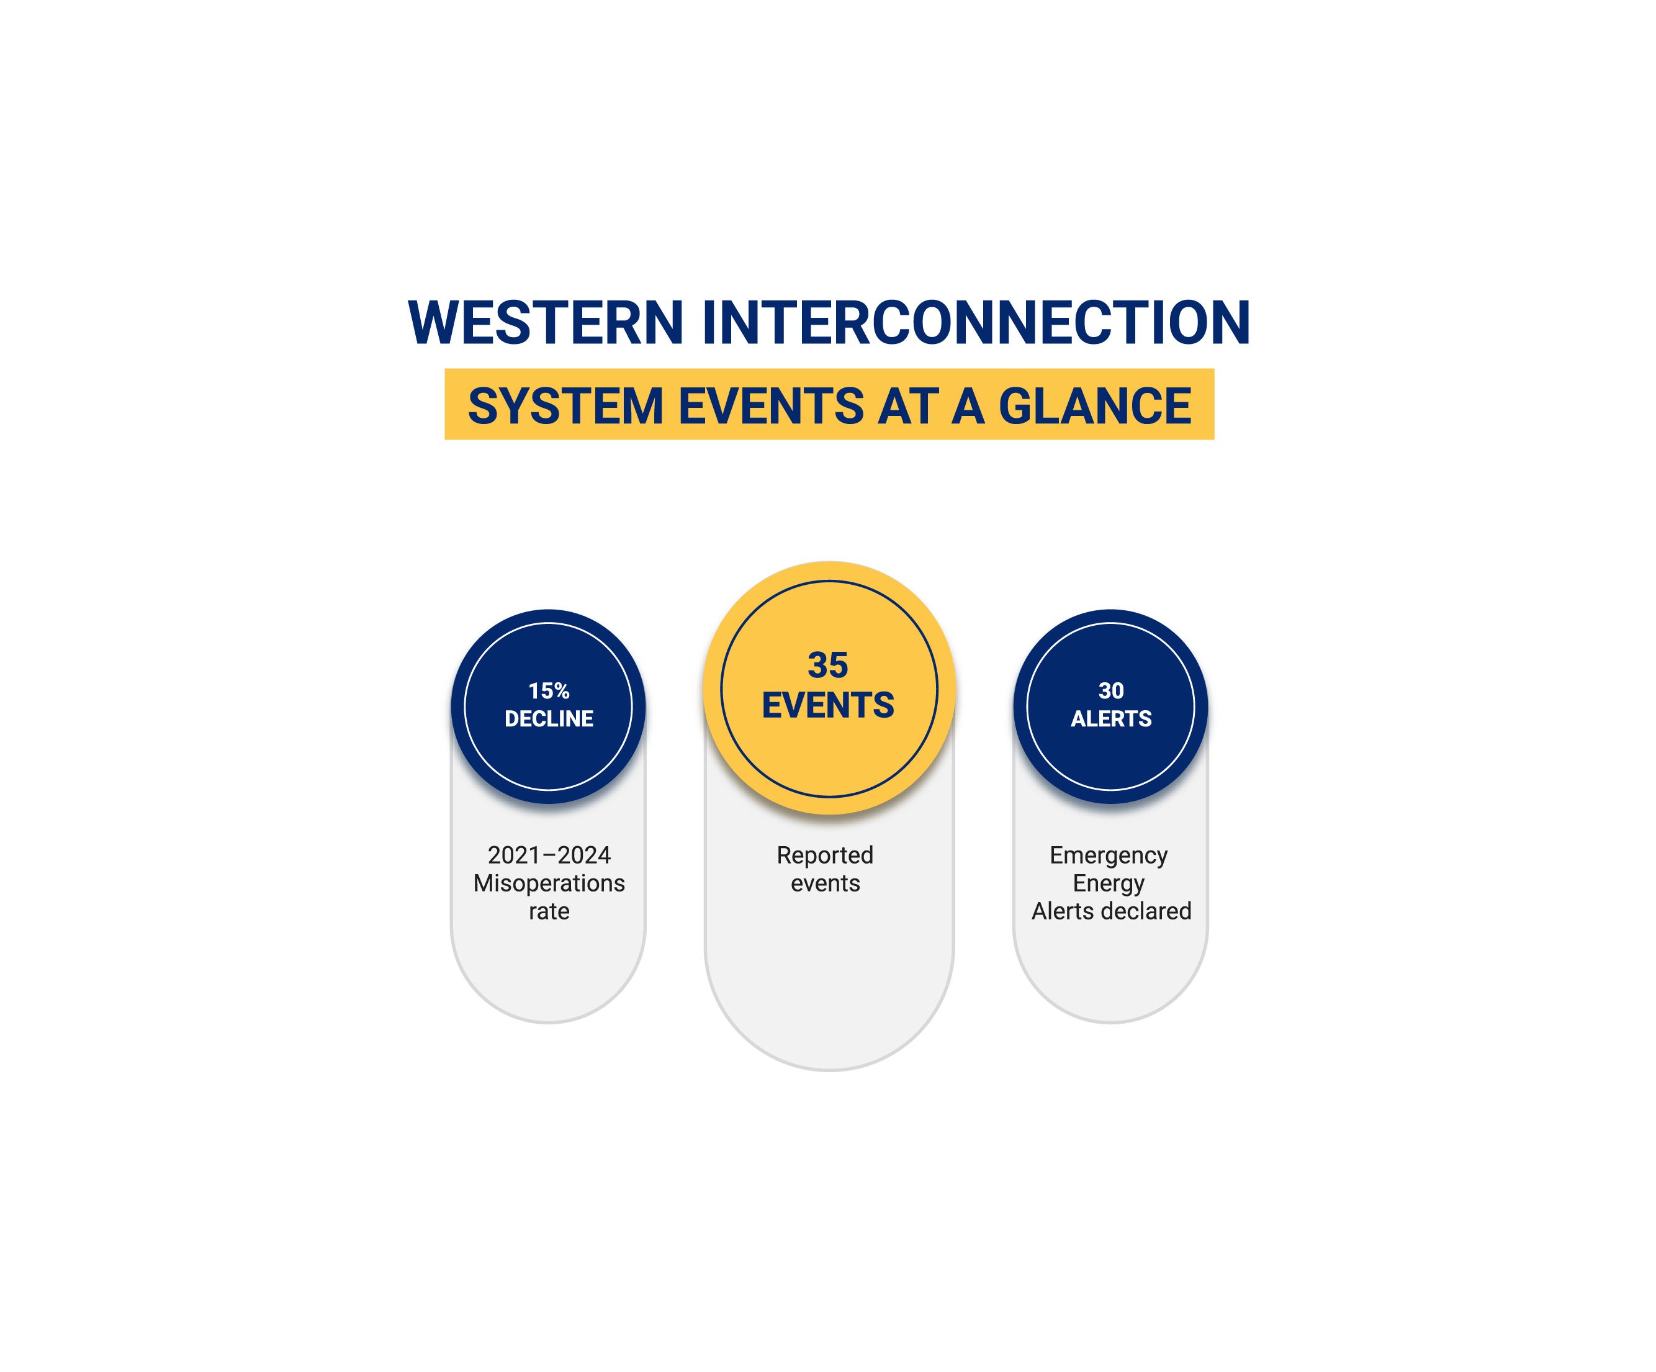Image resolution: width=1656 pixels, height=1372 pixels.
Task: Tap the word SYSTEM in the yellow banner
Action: coord(565,406)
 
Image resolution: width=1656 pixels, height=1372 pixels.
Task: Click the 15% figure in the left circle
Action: coord(549,691)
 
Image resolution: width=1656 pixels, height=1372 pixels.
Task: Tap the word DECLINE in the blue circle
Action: coord(549,718)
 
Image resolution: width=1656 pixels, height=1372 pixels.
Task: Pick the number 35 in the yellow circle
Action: coord(828,666)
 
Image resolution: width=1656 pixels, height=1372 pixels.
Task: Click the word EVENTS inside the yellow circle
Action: coord(828,705)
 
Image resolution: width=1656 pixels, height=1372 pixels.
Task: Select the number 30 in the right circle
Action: coord(1111,691)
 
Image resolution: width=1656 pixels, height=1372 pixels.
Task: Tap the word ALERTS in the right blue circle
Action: coord(1111,718)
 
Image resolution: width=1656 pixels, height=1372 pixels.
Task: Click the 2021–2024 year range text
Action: coord(549,855)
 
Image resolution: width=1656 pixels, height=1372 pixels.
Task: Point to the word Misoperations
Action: coord(549,883)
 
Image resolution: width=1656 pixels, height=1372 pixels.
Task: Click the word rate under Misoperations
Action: coord(549,911)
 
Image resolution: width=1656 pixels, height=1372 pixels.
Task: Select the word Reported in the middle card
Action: coord(825,855)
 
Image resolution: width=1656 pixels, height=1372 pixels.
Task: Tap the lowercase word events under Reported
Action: coord(825,884)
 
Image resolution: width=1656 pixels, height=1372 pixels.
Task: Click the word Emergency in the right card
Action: coord(1109,855)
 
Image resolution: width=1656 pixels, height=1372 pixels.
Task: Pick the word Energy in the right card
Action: coord(1109,884)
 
